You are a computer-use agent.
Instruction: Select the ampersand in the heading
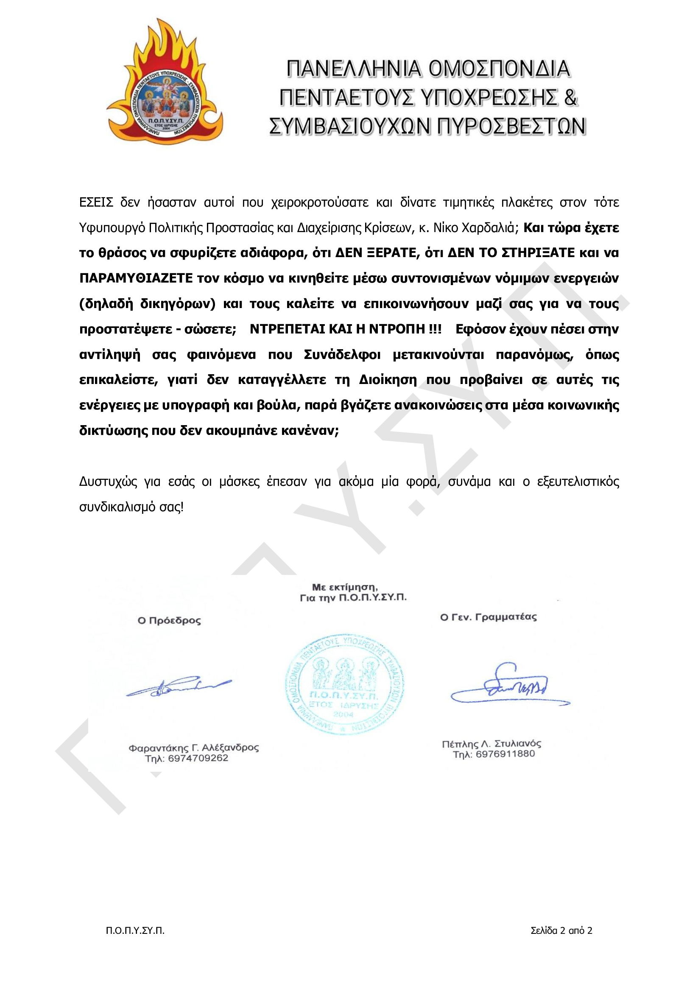570,98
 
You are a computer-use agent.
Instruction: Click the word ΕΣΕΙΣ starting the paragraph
96,202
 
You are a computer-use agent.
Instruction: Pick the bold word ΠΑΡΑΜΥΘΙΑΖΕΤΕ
136,278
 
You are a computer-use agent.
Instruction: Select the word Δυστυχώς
108,481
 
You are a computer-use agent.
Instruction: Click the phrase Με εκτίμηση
344,587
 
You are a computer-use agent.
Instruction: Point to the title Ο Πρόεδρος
169,621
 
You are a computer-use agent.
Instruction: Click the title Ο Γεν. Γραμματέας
488,617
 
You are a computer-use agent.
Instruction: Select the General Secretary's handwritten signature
510,687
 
